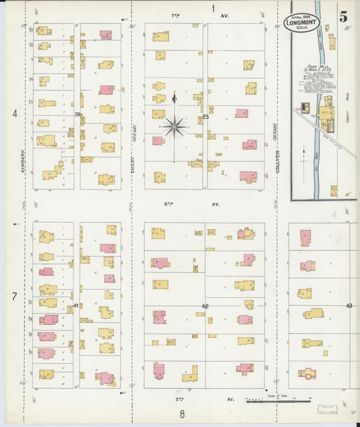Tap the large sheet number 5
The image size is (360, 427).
pyautogui.click(x=344, y=18)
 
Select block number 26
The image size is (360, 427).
pyautogui.click(x=78, y=115)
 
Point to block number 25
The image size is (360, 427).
pyautogui.click(x=206, y=117)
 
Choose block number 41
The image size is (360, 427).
pyautogui.click(x=76, y=305)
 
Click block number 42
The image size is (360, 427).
pyautogui.click(x=205, y=306)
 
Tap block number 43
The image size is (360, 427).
pyautogui.click(x=349, y=306)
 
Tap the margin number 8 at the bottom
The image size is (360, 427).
pyautogui.click(x=182, y=414)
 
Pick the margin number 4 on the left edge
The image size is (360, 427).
pyautogui.click(x=14, y=114)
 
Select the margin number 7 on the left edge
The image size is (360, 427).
pyautogui.click(x=14, y=296)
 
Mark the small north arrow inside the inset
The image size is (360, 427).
pyautogui.click(x=303, y=155)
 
